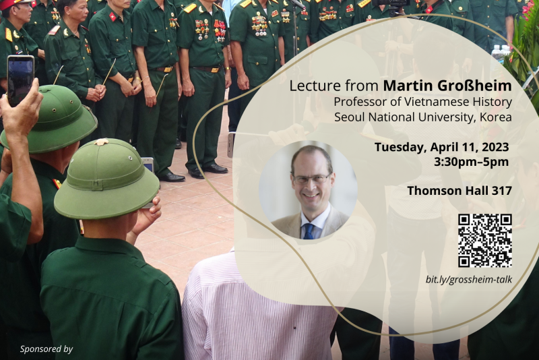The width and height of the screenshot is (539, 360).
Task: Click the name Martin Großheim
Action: click(x=447, y=86)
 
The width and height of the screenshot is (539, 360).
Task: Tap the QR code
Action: click(x=484, y=241)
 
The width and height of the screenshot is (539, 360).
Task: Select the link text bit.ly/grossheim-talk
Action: click(x=469, y=279)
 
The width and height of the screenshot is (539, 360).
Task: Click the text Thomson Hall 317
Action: click(x=459, y=191)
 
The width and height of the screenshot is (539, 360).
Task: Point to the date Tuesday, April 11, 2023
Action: click(x=442, y=147)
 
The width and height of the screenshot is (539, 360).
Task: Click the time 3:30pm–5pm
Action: click(x=471, y=162)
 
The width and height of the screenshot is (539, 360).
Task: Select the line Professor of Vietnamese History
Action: click(x=423, y=102)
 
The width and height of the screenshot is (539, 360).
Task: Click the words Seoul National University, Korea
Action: click(x=423, y=117)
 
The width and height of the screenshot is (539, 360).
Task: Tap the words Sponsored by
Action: click(x=46, y=349)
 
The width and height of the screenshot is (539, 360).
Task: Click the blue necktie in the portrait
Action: click(x=309, y=231)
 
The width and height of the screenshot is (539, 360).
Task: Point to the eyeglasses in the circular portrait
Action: click(x=311, y=179)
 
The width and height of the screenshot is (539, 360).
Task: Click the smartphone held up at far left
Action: click(x=20, y=80)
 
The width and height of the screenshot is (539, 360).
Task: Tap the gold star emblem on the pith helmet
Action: click(x=102, y=142)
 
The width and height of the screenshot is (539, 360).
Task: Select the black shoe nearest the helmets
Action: click(x=171, y=177)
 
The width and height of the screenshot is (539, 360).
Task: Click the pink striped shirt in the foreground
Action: click(x=258, y=309)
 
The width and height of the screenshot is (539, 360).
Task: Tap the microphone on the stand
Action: click(x=297, y=3)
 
